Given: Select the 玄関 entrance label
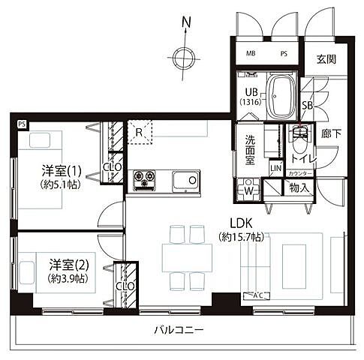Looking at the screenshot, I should (326, 60).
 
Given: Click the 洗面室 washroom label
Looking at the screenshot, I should (251, 149).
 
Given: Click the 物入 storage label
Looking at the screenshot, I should (299, 188).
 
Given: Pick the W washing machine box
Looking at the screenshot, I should (248, 189).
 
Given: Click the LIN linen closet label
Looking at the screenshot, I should (275, 168).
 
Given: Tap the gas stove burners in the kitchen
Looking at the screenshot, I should (144, 180).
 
